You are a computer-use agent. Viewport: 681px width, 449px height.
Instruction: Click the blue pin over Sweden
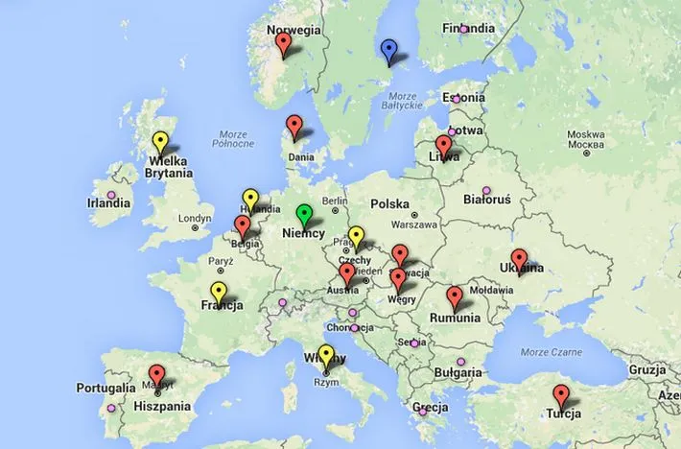point(388,49)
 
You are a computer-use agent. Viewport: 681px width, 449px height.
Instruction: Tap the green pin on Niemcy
point(305,214)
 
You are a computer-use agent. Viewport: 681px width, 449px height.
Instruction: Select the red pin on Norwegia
point(282,43)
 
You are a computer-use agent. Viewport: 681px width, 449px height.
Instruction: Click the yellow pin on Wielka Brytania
point(160,143)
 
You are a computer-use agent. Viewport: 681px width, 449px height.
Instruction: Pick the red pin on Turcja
point(560,394)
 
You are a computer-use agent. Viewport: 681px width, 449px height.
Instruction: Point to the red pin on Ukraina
point(519,258)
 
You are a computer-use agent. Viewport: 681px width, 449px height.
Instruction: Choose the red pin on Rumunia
point(455,295)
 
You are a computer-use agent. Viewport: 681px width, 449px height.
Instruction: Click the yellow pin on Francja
point(218,292)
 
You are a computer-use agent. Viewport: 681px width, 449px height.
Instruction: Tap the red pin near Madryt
point(157,375)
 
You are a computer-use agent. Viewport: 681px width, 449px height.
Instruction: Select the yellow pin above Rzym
point(326,354)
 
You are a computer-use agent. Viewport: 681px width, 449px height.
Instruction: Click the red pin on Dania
point(294,126)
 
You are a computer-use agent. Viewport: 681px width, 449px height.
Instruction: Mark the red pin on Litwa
point(443,145)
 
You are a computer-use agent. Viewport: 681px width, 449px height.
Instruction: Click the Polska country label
point(389,204)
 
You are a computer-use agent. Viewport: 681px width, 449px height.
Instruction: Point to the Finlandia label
point(469,29)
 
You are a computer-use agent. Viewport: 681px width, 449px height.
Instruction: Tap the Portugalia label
point(106,389)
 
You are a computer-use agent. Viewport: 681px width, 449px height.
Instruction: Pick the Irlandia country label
point(108,203)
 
